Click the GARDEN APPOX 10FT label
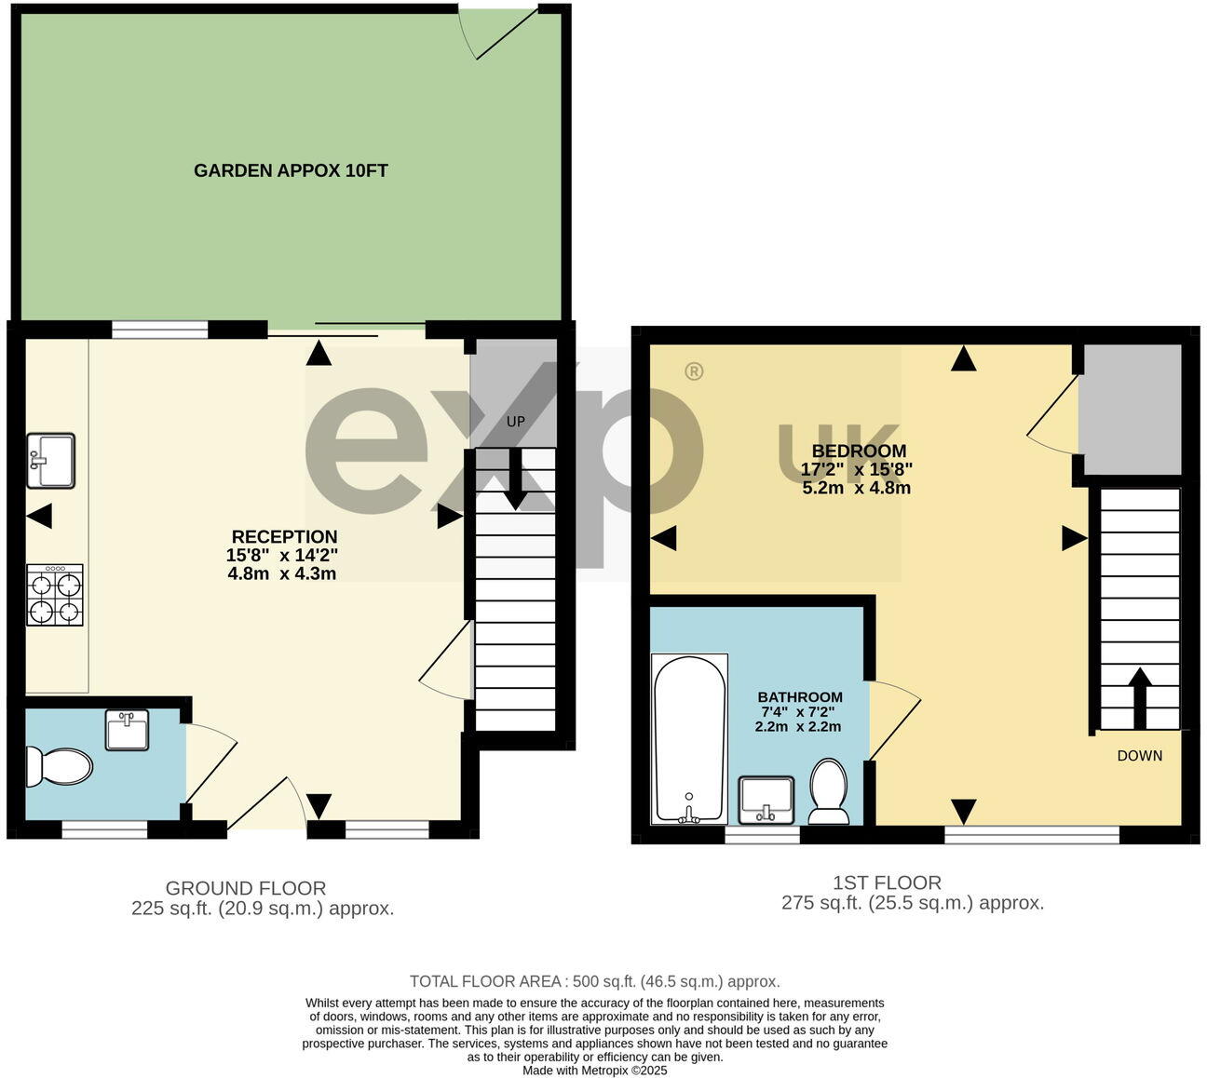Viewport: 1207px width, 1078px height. [291, 170]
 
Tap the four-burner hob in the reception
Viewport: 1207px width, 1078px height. [54, 596]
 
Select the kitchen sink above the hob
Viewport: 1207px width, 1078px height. [51, 460]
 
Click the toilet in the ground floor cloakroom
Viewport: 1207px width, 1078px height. [59, 766]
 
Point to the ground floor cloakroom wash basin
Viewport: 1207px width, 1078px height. [127, 730]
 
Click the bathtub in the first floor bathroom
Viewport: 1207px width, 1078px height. [689, 738]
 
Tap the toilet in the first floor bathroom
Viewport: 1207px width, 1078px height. [828, 791]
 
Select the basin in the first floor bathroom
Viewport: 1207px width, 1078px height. [766, 800]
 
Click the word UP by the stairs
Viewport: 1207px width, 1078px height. [515, 422]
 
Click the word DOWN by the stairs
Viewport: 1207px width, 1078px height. [1139, 756]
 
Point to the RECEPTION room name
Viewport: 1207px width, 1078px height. [284, 537]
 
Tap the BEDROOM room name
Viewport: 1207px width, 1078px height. [859, 451]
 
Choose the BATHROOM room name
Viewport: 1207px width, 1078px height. [799, 697]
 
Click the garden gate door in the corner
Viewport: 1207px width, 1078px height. [503, 32]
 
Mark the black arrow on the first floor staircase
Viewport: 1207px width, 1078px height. [1138, 696]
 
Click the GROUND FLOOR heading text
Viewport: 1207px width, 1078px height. [246, 888]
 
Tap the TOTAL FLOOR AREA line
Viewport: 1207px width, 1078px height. [594, 981]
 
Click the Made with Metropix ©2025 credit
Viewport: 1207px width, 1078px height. [594, 1071]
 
